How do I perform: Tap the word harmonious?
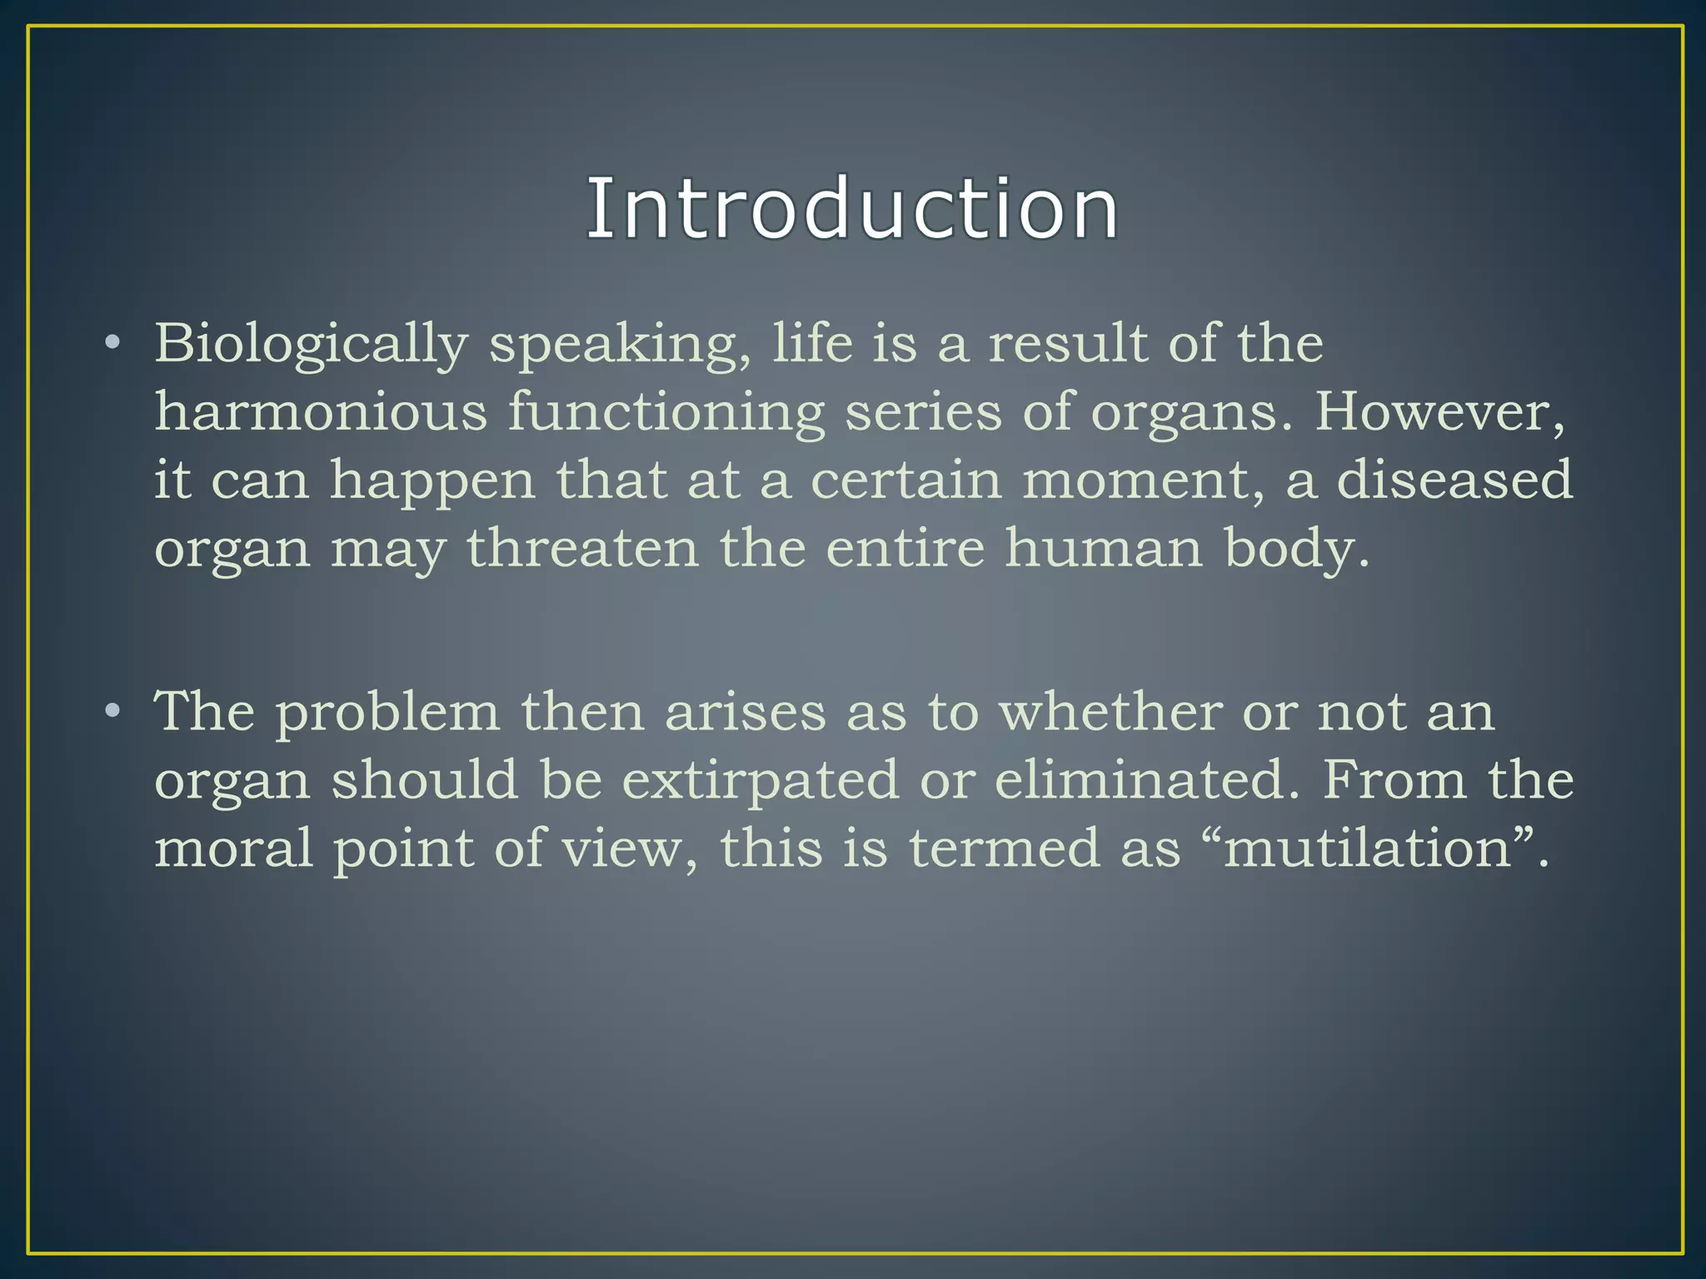tap(321, 411)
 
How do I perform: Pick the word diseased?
tap(1454, 480)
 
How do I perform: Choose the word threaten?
tap(582, 548)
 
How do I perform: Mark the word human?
tap(1103, 548)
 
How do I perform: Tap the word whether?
tap(1110, 712)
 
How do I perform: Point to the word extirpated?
tap(761, 782)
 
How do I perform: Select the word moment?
tap(1142, 481)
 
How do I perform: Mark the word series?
tap(923, 411)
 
